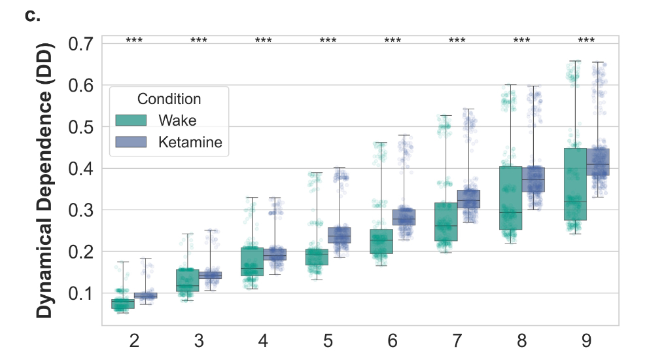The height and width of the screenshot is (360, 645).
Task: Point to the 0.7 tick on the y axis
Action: click(x=80, y=45)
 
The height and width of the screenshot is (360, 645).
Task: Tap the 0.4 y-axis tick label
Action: click(x=80, y=169)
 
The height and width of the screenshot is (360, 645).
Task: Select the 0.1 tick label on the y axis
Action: click(x=80, y=293)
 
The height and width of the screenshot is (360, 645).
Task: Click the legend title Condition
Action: click(x=169, y=99)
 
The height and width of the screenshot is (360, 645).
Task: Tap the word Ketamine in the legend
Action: click(x=190, y=142)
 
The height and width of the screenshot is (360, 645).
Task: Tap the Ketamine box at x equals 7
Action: click(x=468, y=199)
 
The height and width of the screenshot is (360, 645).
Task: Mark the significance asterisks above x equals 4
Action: click(x=264, y=41)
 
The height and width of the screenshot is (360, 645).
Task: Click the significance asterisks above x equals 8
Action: click(x=522, y=41)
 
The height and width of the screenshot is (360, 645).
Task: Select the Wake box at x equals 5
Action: click(x=317, y=257)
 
